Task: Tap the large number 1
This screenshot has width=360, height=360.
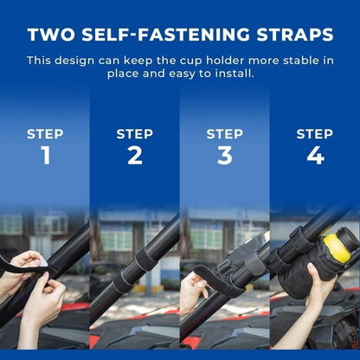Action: click(46, 156)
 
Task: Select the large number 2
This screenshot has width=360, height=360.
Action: click(135, 156)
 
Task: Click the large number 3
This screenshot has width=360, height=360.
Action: click(225, 156)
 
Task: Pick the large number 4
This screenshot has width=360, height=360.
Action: click(315, 156)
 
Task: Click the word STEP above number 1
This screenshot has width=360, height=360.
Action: click(45, 134)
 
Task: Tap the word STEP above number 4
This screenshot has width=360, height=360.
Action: click(314, 134)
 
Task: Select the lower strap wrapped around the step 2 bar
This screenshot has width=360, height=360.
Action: click(123, 280)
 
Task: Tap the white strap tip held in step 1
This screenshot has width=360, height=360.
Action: click(43, 262)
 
